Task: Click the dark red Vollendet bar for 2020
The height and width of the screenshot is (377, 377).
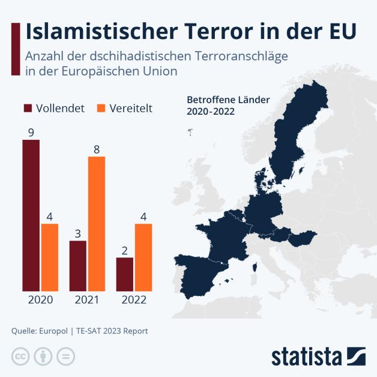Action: tap(31, 215)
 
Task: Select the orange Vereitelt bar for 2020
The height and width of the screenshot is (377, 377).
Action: tap(50, 257)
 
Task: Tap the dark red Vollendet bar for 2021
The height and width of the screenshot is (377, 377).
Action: tap(77, 265)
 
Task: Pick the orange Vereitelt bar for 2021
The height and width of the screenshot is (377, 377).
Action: tap(97, 223)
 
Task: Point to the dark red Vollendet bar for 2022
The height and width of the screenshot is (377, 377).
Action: tap(124, 274)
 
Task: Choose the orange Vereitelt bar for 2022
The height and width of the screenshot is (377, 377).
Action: tap(143, 257)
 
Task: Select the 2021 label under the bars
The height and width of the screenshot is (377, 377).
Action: tap(87, 300)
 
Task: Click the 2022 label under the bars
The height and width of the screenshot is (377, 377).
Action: tap(134, 300)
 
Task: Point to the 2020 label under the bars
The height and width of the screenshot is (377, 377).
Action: tap(40, 300)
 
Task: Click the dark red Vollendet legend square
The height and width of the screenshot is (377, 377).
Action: tap(28, 108)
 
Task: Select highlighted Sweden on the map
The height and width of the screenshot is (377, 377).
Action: tap(287, 144)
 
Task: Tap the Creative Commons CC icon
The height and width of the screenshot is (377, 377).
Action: tap(20, 355)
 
